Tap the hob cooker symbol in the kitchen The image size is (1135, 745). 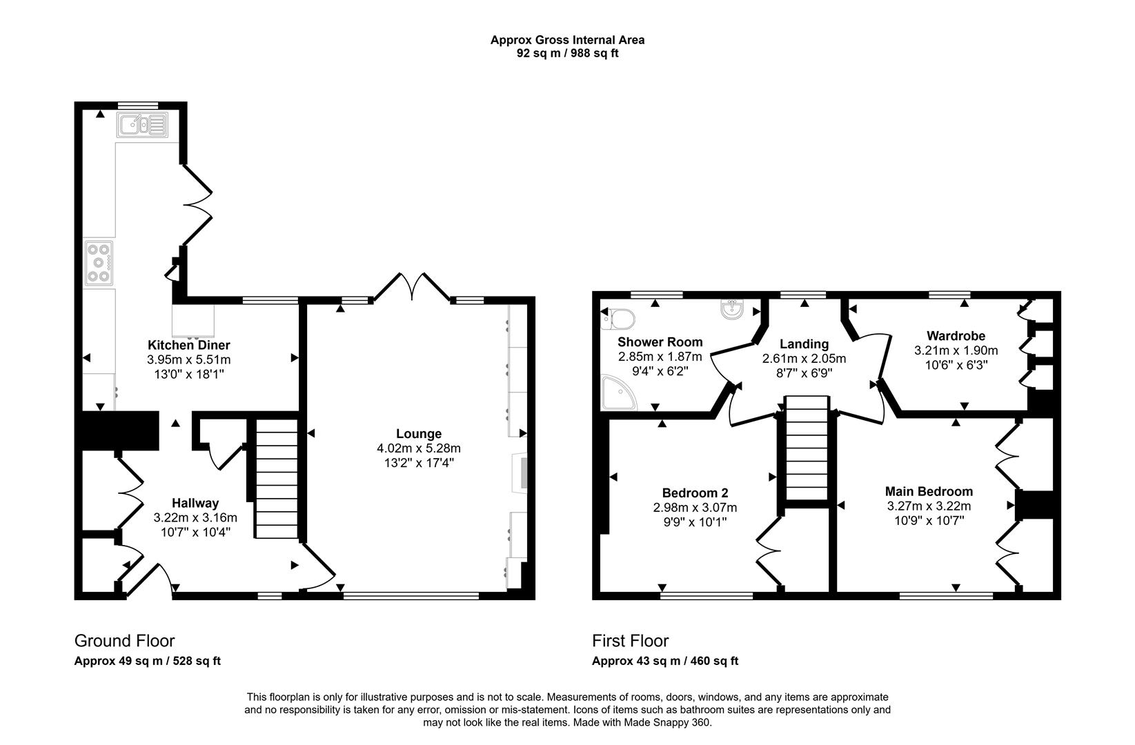99,263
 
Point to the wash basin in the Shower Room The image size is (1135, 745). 731,310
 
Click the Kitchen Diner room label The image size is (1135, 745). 188,345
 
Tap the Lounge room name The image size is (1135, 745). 419,434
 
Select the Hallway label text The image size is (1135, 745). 195,503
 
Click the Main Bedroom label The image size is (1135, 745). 929,491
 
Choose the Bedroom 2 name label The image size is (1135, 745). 695,493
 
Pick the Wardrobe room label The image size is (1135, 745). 956,336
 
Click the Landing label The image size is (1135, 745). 804,344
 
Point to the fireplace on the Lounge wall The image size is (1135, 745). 520,473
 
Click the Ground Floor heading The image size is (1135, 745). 124,641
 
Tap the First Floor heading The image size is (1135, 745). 630,641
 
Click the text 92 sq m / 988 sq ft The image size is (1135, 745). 567,53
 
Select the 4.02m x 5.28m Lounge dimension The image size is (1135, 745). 419,448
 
